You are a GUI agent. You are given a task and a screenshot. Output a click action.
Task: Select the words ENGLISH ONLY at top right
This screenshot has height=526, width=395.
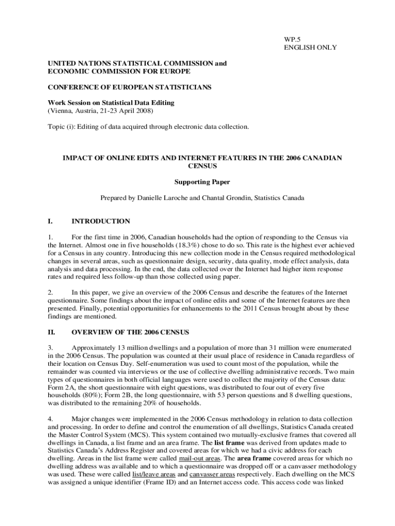(310, 47)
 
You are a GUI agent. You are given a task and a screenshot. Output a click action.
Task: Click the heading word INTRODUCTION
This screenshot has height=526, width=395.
(101, 221)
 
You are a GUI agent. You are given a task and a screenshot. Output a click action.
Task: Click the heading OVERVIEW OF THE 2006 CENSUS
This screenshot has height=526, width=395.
(130, 331)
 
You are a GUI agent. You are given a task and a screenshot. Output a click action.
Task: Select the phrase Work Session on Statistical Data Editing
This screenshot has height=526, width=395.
(111, 103)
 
